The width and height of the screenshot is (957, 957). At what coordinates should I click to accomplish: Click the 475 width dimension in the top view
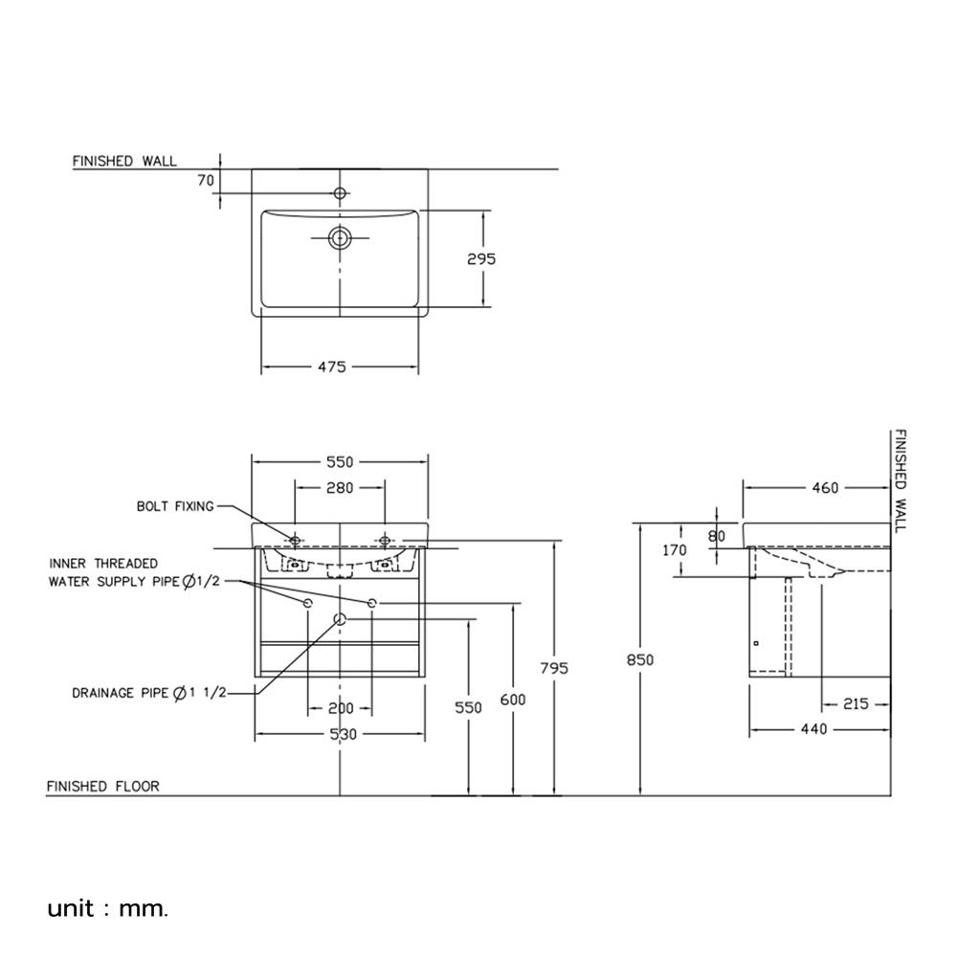331,367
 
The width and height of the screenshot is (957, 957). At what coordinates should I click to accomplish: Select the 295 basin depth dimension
482,258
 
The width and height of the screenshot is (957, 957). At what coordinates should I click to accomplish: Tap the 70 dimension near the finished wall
206,178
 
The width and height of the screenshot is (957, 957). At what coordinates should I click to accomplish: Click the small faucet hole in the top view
340,193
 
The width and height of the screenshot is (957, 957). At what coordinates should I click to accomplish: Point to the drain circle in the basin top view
340,236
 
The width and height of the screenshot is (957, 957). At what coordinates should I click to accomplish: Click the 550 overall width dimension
340,460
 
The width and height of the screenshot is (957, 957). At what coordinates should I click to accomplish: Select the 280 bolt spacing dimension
340,487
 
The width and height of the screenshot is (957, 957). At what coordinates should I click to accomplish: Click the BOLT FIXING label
175,506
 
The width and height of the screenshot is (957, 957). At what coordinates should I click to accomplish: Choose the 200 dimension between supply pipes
340,709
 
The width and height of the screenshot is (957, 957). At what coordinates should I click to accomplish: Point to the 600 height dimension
513,701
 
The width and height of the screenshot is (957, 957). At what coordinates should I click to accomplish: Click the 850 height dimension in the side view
640,659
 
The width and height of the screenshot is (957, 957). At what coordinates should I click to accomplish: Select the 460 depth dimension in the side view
824,488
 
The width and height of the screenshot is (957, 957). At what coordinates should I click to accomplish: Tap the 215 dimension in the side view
856,704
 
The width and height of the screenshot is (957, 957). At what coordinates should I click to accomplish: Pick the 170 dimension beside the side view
675,550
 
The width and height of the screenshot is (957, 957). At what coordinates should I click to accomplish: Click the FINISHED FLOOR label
102,787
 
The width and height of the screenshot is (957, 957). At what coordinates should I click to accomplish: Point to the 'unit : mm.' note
107,908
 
